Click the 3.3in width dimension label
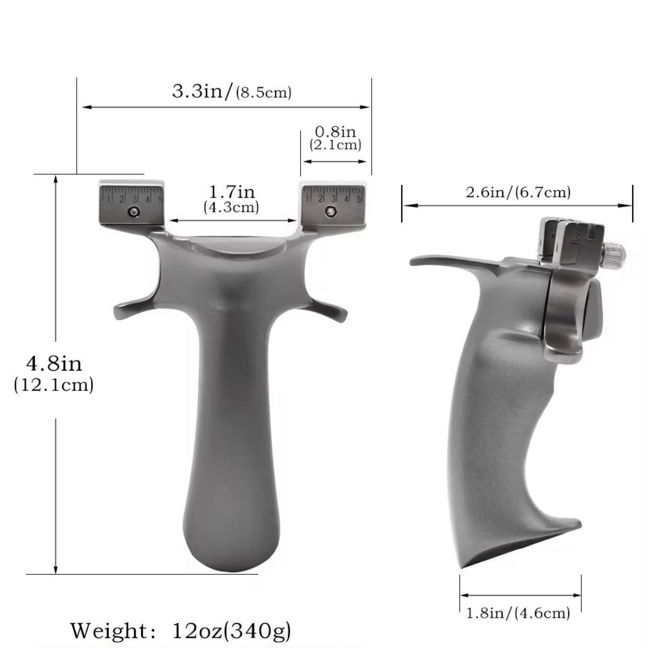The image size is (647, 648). pyautogui.click(x=202, y=91)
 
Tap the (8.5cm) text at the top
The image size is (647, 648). pyautogui.click(x=263, y=92)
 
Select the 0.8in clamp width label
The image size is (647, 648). pyautogui.click(x=335, y=131)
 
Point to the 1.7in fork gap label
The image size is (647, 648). pyautogui.click(x=232, y=192)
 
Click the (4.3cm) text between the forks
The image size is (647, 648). pyautogui.click(x=231, y=206)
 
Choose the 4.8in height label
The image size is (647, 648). pyautogui.click(x=54, y=364)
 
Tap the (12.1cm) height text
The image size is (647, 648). pyautogui.click(x=54, y=385)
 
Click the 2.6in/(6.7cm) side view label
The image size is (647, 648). pyautogui.click(x=518, y=192)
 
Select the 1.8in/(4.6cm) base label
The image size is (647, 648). pyautogui.click(x=518, y=613)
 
